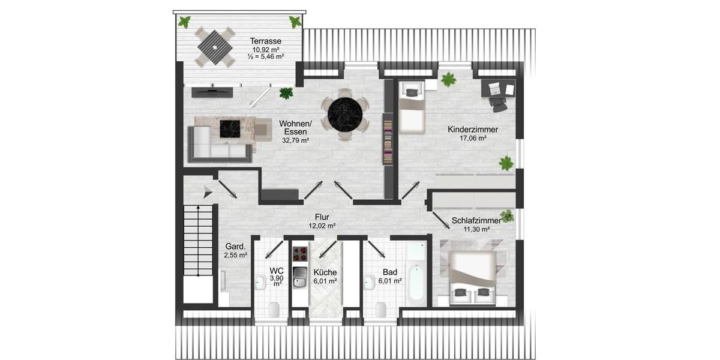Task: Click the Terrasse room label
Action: point(266,41)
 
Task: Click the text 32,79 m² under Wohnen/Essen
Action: point(295,140)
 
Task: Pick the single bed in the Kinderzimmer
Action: point(412,108)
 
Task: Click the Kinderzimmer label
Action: point(473,129)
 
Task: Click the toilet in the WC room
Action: point(274,309)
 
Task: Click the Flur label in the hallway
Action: point(322,217)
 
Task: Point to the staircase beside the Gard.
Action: point(198,240)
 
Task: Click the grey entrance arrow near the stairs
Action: point(208,192)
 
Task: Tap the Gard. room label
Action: point(235,247)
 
